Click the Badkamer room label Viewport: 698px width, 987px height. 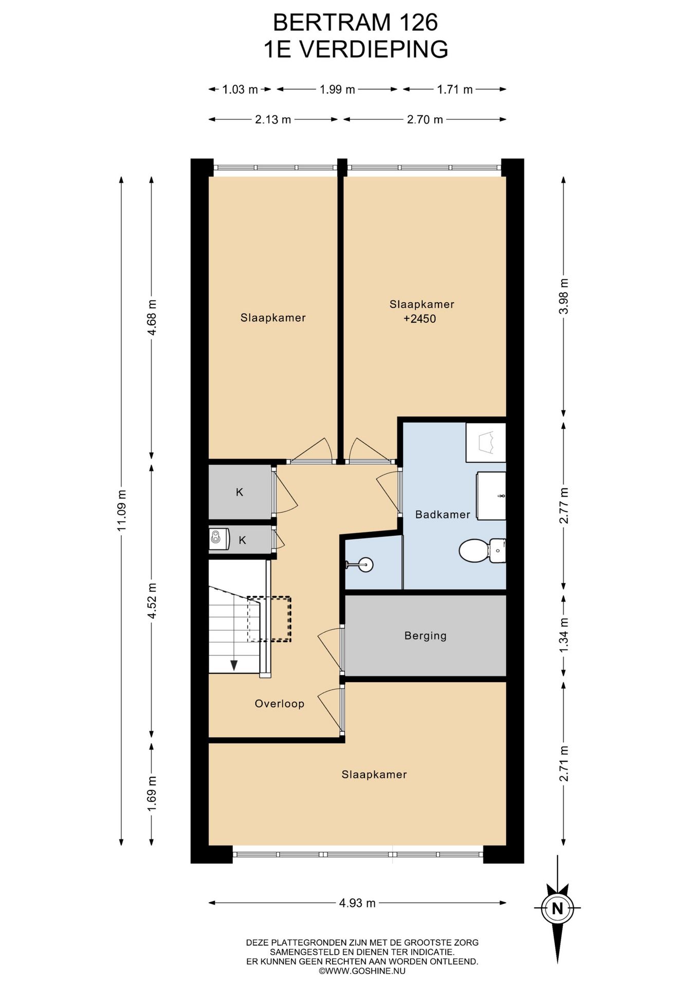point(443,514)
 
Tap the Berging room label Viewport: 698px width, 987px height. point(426,636)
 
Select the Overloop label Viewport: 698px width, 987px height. point(280,704)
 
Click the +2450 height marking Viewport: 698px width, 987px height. point(419,319)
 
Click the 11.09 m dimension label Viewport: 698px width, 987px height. point(121,510)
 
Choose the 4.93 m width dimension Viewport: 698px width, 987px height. point(357,903)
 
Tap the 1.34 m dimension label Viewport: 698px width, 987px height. point(564,635)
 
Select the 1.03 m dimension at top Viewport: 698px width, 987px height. point(240,89)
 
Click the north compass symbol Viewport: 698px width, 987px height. point(557,908)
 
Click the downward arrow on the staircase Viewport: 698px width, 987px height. point(234,665)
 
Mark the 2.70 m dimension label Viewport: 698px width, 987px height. point(425,120)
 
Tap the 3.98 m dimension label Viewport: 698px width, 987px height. point(564,296)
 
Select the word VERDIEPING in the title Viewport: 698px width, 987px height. point(373,50)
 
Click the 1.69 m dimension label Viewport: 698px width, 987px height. point(152,794)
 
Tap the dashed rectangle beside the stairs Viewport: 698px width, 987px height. point(269,619)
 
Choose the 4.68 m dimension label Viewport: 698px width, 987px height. point(152,317)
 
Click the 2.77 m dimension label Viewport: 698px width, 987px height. point(564,506)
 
